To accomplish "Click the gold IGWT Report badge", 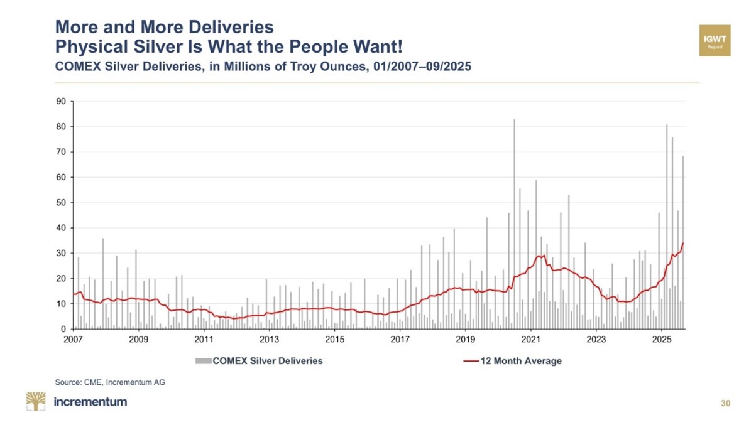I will click(715, 41).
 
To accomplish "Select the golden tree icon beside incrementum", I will click(36, 401).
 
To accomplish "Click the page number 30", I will click(726, 404).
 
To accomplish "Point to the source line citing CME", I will click(110, 382).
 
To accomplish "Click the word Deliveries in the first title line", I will click(232, 27).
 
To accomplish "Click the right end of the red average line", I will click(684, 243).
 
